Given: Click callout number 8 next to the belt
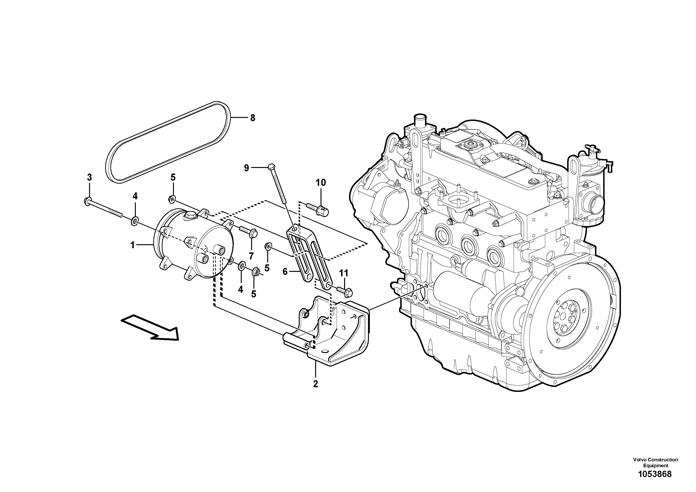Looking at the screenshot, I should pyautogui.click(x=252, y=118).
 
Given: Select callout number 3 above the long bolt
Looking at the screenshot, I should pyautogui.click(x=89, y=177).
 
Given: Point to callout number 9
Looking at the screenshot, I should pyautogui.click(x=246, y=168).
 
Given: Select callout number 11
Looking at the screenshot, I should pyautogui.click(x=343, y=273).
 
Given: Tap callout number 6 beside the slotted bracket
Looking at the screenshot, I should pyautogui.click(x=285, y=271).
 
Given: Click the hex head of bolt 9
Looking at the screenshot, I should pyautogui.click(x=272, y=167).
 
